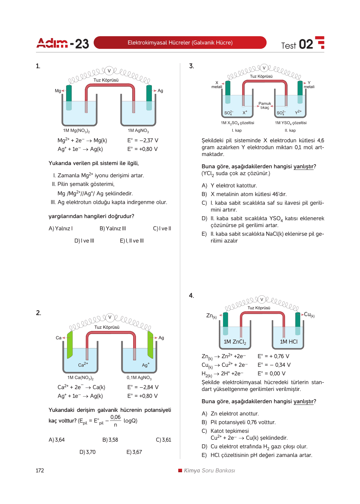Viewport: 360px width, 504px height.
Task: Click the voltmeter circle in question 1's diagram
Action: tap(109, 71)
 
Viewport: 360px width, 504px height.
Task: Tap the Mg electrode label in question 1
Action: tap(58, 91)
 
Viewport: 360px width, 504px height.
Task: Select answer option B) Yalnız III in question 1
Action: tap(113, 228)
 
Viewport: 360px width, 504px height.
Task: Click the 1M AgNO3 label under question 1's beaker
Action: tap(138, 131)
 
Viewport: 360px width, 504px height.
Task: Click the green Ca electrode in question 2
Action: tap(70, 345)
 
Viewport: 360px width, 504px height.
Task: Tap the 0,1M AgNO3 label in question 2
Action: tap(139, 378)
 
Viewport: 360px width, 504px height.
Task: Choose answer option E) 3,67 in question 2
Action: tap(134, 452)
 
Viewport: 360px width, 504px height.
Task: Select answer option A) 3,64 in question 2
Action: tap(57, 440)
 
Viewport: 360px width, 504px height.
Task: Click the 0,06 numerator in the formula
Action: tap(115, 417)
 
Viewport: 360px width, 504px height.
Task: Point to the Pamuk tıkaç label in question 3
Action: tap(265, 105)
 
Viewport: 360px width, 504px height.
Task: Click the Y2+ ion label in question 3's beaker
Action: tap(298, 112)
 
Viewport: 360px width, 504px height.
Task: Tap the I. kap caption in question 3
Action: tap(237, 131)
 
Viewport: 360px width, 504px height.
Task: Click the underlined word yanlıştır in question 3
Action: tap(303, 166)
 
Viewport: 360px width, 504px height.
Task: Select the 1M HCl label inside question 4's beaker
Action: tap(289, 341)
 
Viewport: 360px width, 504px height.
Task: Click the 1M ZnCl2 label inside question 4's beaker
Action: tap(235, 342)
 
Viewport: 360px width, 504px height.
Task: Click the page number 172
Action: tap(40, 470)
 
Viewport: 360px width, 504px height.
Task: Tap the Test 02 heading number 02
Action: tap(306, 44)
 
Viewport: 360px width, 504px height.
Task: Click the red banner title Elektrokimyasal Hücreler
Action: tap(180, 43)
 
